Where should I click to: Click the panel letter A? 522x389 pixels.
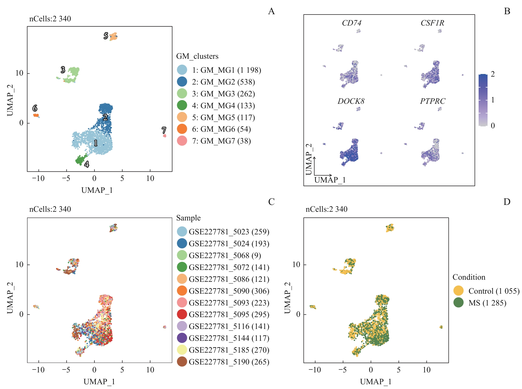[271, 11]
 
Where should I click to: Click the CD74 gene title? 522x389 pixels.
[352, 23]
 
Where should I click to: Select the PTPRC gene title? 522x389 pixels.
[433, 101]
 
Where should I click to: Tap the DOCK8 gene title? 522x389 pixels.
[351, 101]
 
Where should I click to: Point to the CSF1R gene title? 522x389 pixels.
[432, 23]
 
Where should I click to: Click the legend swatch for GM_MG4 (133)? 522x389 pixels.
[182, 105]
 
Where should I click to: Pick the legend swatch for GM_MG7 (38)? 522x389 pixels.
[182, 141]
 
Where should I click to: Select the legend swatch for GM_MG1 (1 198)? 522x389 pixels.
[182, 70]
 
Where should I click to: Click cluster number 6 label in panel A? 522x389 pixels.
[35, 108]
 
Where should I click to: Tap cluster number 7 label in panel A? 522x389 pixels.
[164, 130]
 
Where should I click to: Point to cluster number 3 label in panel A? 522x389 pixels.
[63, 70]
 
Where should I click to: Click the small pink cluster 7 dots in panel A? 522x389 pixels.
[165, 136]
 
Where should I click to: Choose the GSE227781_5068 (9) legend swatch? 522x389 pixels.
[182, 255]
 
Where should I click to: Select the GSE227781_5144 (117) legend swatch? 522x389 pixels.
[182, 338]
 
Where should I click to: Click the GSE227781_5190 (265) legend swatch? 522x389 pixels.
[182, 362]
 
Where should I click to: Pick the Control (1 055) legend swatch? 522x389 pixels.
[458, 291]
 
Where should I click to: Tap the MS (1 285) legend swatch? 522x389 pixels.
[458, 303]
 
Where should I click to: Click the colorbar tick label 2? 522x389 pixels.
[493, 74]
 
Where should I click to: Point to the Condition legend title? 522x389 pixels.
[469, 277]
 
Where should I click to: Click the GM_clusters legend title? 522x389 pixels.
[197, 56]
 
